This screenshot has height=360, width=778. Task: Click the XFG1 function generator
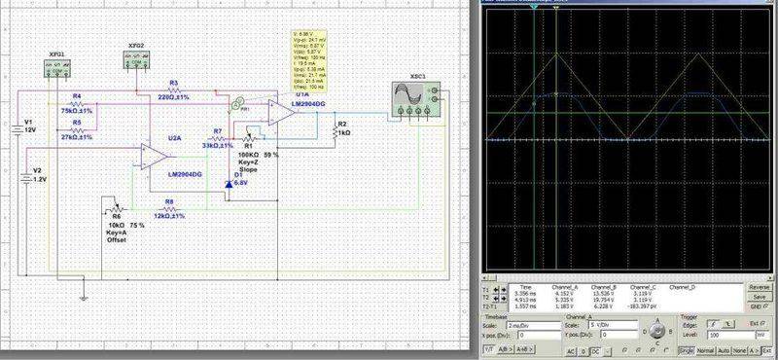[59, 68]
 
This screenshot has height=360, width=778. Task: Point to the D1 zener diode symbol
[229, 183]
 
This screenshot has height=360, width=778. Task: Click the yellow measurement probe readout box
[312, 57]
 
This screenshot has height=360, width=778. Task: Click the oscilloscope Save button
[760, 297]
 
